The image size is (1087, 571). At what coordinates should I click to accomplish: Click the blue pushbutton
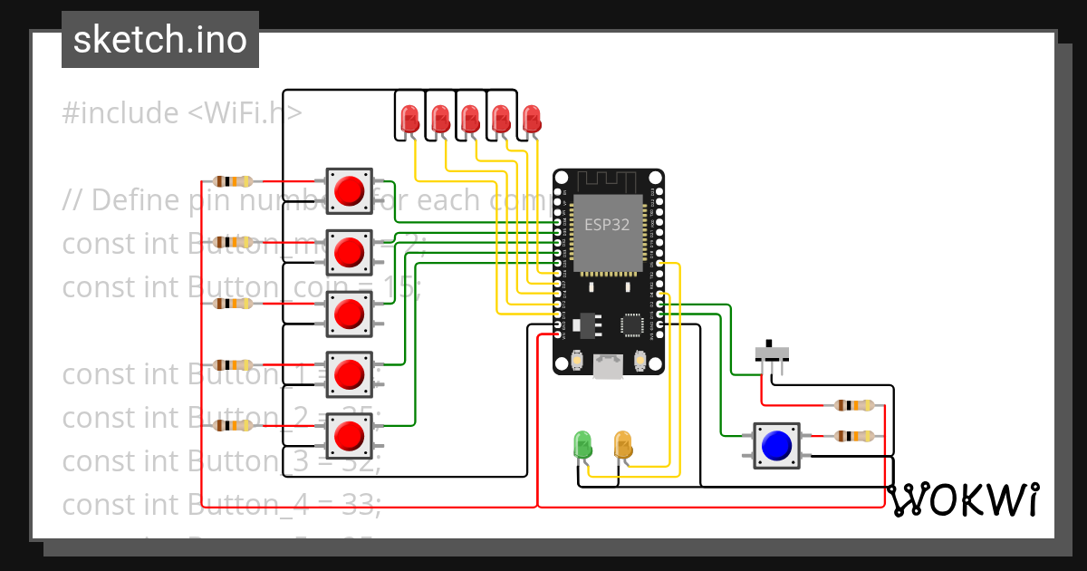click(776, 445)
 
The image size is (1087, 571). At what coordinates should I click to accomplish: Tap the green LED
click(582, 445)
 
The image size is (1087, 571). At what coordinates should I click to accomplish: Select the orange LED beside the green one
click(623, 445)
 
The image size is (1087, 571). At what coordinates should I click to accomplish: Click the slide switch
click(772, 353)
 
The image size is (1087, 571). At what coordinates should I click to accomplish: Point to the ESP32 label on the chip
click(606, 225)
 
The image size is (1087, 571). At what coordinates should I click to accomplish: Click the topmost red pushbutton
click(349, 190)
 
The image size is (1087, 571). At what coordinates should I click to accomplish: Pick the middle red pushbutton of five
click(349, 314)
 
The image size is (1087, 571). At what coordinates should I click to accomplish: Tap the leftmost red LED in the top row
click(409, 118)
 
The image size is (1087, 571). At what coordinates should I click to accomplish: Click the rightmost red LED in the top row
click(532, 118)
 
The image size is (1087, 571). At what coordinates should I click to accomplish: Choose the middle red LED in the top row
click(470, 118)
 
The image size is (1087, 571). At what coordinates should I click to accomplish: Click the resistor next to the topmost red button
click(232, 181)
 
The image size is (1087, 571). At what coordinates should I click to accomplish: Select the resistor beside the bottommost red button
click(232, 425)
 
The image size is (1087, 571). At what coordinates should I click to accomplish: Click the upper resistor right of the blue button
click(854, 405)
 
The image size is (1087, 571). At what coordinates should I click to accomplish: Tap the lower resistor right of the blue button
click(854, 436)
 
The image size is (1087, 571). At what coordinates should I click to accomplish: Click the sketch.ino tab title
click(160, 40)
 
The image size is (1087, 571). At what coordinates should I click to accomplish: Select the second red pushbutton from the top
click(349, 252)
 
